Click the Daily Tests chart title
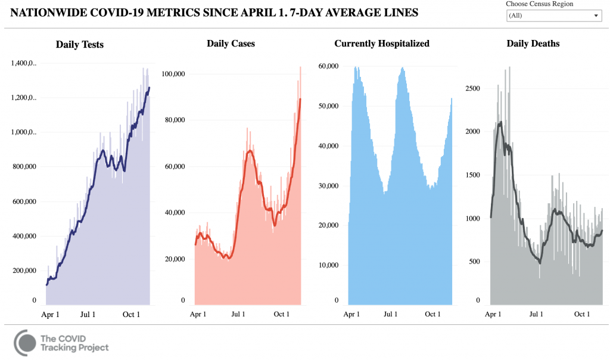pos(80,44)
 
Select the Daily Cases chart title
pos(231,44)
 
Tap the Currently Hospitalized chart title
pos(382,44)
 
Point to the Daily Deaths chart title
pos(533,44)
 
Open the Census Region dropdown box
pos(554,15)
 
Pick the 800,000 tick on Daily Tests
pos(23,167)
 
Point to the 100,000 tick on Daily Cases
pos(174,74)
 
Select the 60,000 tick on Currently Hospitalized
pos(329,66)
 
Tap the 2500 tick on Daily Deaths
pos(472,88)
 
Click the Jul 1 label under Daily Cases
pos(238,314)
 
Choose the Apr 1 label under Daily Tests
pos(51,314)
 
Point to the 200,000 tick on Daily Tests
pos(23,271)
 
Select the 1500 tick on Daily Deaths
pos(472,175)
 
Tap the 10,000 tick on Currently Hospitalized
pos(329,265)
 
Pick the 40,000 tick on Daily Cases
pos(175,213)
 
